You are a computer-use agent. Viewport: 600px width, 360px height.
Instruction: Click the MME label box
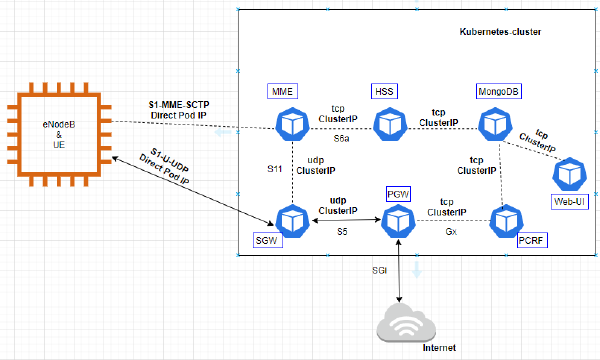283,91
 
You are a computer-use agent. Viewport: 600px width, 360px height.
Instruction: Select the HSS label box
384,91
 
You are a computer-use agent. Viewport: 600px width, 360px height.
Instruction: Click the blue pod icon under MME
292,124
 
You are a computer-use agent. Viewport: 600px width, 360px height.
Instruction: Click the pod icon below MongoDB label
493,124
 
